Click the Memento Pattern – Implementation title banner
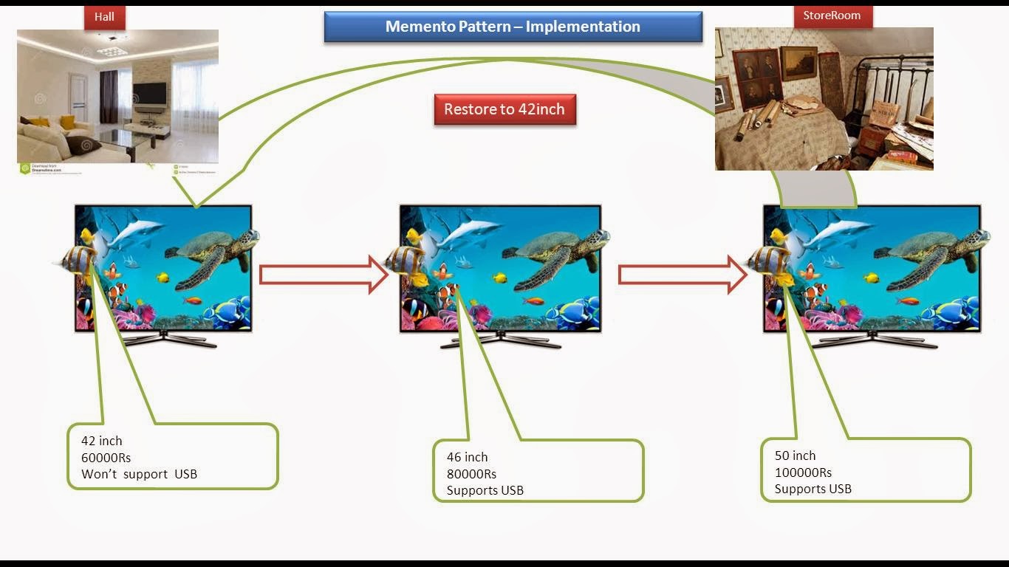click(x=513, y=27)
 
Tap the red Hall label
click(x=104, y=17)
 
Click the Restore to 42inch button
click(x=504, y=110)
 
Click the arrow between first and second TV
click(x=324, y=275)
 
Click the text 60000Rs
click(x=106, y=458)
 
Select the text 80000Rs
click(x=471, y=474)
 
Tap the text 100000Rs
click(x=803, y=472)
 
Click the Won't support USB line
click(x=139, y=474)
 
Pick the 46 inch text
click(x=467, y=457)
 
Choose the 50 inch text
click(x=795, y=456)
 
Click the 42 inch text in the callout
click(x=101, y=441)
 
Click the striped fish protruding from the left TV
click(x=78, y=260)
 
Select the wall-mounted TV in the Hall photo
click(x=149, y=94)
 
